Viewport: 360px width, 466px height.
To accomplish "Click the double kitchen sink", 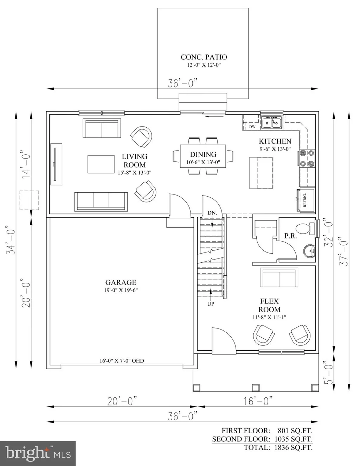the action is [x=272, y=122].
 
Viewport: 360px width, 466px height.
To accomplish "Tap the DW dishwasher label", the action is [x=252, y=127].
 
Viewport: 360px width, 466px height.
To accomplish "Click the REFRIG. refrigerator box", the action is [x=306, y=200].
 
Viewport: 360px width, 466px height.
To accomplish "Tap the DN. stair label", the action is [x=212, y=213].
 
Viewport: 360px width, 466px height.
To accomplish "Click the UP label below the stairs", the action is [x=211, y=304].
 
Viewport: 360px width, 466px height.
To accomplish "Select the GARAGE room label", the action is [x=121, y=282].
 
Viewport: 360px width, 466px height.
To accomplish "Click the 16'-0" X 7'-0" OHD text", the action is [x=122, y=361].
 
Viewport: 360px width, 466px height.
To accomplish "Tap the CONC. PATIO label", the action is [x=204, y=57].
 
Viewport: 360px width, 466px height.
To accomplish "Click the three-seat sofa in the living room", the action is [x=101, y=202].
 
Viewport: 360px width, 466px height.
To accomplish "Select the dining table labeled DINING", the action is [x=203, y=156].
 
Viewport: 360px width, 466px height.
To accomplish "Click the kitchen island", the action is [x=262, y=173].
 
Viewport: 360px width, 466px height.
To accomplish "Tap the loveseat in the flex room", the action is [x=279, y=277].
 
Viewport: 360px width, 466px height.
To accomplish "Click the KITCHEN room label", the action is [x=275, y=141].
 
